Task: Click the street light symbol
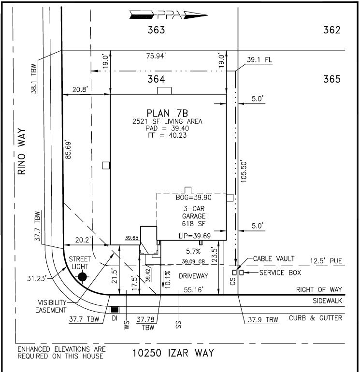[82, 277]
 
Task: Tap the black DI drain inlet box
[115, 310]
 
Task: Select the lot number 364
[156, 79]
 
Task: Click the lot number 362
[332, 30]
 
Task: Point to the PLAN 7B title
[167, 113]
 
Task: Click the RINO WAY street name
[22, 151]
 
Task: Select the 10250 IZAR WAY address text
[173, 353]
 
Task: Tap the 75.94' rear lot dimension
[156, 56]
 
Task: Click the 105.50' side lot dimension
[244, 172]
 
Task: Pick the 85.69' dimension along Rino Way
[68, 150]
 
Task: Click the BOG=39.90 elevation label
[194, 198]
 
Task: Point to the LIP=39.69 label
[195, 236]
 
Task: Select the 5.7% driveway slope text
[193, 251]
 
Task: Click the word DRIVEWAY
[193, 276]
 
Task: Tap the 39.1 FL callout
[259, 59]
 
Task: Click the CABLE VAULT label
[274, 258]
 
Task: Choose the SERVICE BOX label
[280, 272]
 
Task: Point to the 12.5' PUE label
[326, 261]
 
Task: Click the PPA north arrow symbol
[169, 15]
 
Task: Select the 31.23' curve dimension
[36, 278]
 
